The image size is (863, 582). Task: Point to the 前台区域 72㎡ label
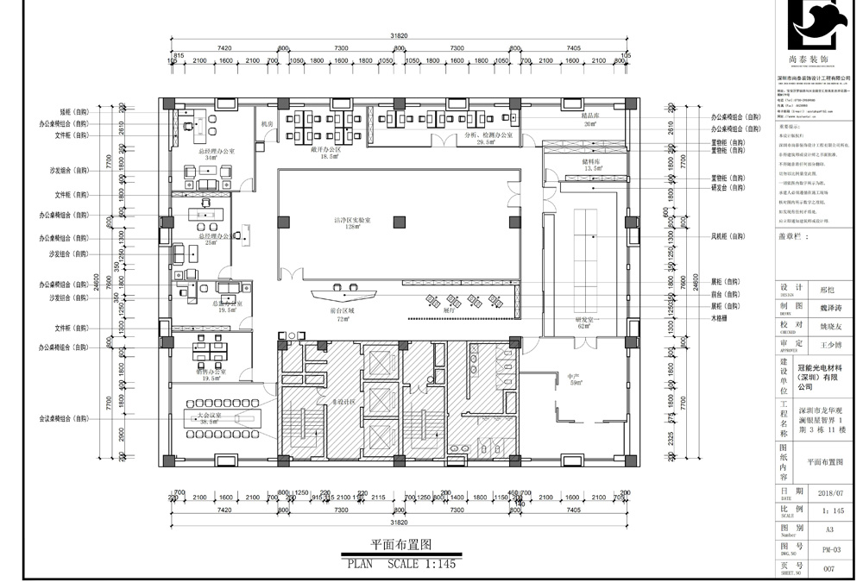pyautogui.click(x=342, y=315)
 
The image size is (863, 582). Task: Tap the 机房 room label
pyautogui.click(x=267, y=125)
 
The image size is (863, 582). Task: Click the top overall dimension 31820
pyautogui.click(x=399, y=37)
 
